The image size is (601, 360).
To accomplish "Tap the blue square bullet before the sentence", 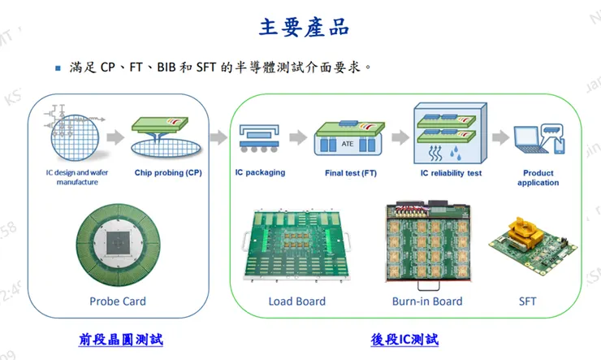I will pyautogui.click(x=58, y=68).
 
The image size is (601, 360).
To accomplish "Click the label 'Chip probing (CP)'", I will pyautogui.click(x=168, y=173).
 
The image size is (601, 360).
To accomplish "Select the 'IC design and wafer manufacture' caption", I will pyautogui.click(x=77, y=177).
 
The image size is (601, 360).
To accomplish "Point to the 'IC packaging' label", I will pyautogui.click(x=260, y=173).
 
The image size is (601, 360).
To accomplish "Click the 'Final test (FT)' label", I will pyautogui.click(x=350, y=173).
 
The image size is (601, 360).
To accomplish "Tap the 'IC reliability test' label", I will pyautogui.click(x=451, y=173).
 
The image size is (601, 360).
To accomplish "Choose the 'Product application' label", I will pyautogui.click(x=538, y=177).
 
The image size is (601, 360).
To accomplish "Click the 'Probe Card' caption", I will pyautogui.click(x=118, y=301).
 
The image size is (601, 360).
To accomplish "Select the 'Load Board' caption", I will pyautogui.click(x=297, y=301).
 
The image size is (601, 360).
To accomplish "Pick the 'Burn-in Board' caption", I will pyautogui.click(x=427, y=301).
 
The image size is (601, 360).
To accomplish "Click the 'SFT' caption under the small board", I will pyautogui.click(x=527, y=301).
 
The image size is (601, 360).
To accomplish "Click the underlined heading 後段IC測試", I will pyautogui.click(x=404, y=339).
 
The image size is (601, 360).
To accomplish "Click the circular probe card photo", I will pyautogui.click(x=117, y=245).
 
